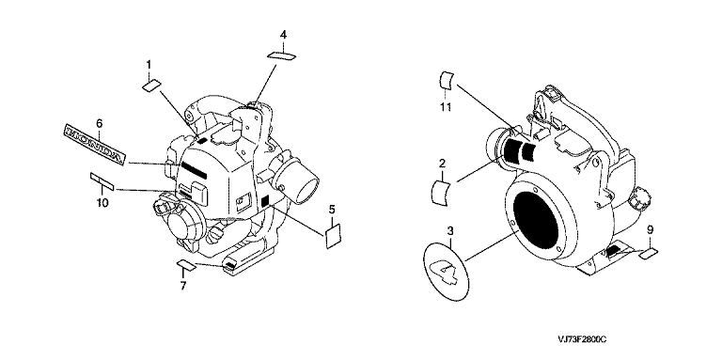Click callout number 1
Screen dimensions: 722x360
coord(149,66)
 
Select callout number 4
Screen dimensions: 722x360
coord(283,35)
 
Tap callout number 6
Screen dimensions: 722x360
coord(99,123)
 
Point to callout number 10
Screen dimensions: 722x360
coord(102,202)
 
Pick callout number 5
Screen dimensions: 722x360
coord(332,210)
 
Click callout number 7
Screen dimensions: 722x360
coord(182,287)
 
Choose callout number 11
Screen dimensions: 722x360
coord(445,108)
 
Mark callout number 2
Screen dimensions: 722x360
coord(442,163)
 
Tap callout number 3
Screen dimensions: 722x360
coord(450,229)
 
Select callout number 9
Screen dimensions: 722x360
coord(650,229)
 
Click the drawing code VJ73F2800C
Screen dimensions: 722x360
coord(581,339)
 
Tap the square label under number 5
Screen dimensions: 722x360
coord(334,237)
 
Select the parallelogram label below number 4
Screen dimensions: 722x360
coord(281,55)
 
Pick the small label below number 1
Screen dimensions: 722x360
coord(151,85)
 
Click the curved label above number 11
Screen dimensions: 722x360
coord(446,80)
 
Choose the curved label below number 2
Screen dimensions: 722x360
coord(441,193)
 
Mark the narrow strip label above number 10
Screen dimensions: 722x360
coord(102,180)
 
